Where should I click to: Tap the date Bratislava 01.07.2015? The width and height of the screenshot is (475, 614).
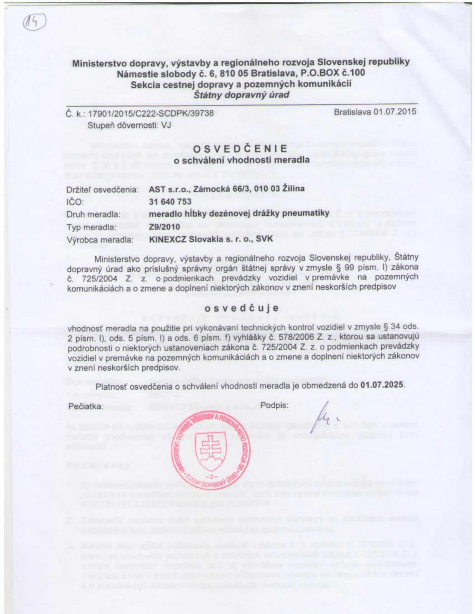coord(375,112)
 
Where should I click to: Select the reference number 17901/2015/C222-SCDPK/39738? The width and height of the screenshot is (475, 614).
coord(151,113)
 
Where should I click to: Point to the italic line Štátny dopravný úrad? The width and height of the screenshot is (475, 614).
coord(241,95)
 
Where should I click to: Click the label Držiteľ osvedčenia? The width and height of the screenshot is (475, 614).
coord(103,189)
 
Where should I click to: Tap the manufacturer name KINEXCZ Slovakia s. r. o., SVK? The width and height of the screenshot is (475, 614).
coord(211,239)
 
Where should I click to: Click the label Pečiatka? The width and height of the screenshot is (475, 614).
coord(85,407)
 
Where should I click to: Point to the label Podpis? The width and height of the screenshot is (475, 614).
coord(274,405)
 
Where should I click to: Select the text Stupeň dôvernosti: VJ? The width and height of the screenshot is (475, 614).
coord(129,125)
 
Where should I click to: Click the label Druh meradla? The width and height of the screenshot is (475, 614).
coord(93,215)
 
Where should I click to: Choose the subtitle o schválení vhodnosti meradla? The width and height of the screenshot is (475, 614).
coord(241,160)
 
